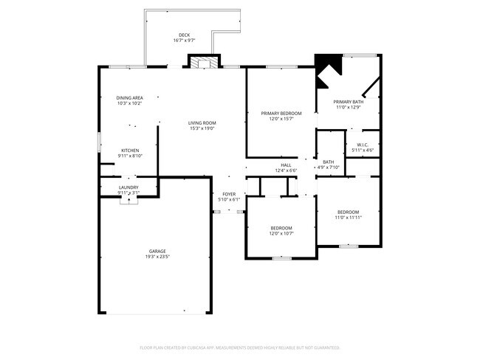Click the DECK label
(x=184, y=35)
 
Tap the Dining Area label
(x=129, y=98)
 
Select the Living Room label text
(x=202, y=122)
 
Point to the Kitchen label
(x=130, y=150)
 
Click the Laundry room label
(x=128, y=187)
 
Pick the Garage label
(x=156, y=251)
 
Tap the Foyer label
(x=229, y=194)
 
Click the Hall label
(x=285, y=165)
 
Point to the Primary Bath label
(x=348, y=102)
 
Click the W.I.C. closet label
(x=363, y=145)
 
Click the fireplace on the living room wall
(x=203, y=63)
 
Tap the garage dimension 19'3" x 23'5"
(x=156, y=257)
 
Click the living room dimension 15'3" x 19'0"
(x=202, y=128)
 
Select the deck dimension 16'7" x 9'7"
(x=184, y=41)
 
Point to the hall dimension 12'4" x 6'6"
(x=285, y=171)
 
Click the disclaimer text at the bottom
(x=239, y=347)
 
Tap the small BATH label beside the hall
(x=328, y=162)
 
